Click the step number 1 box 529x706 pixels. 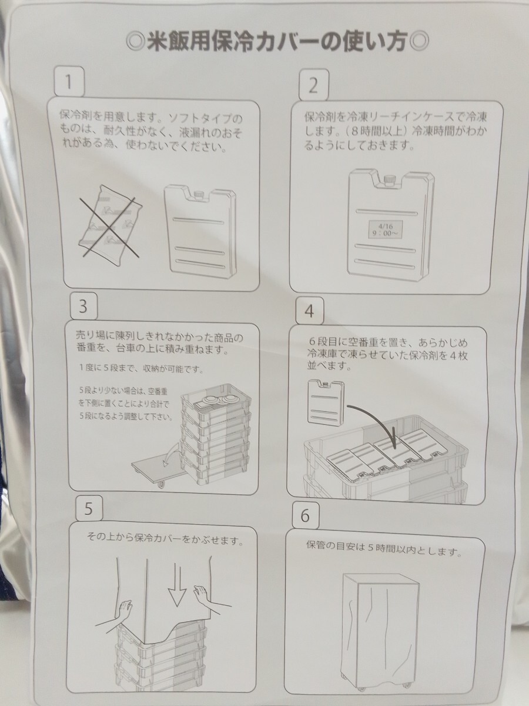coord(69,82)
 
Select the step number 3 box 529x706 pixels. coord(83,306)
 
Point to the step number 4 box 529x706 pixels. coord(310,311)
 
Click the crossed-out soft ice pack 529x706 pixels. coord(110,225)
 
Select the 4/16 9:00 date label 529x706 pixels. coord(385,229)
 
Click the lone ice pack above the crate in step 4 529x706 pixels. coord(326,402)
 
